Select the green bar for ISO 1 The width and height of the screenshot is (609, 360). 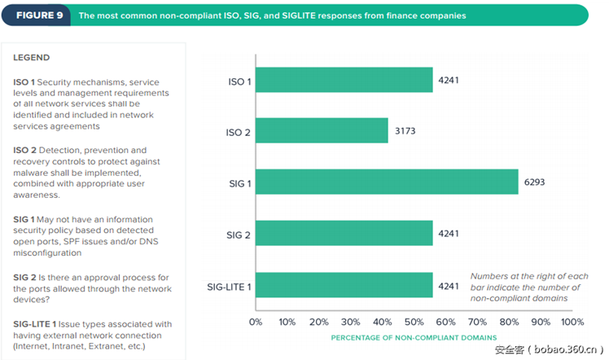(x=344, y=80)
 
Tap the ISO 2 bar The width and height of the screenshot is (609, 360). (x=322, y=130)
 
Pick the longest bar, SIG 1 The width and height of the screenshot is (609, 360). (x=387, y=182)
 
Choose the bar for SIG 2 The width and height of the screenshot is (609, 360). (x=344, y=233)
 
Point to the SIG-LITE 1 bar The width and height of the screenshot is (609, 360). (x=344, y=285)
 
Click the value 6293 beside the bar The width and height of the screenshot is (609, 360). (x=534, y=182)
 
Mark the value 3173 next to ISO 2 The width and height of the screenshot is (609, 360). (x=404, y=130)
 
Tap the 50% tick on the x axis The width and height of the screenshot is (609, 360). (x=414, y=321)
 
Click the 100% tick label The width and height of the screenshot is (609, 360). (x=572, y=321)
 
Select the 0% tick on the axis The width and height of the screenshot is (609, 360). (x=255, y=321)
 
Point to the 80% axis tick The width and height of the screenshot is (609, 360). (x=508, y=321)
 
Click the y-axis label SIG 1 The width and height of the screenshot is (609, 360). (x=238, y=183)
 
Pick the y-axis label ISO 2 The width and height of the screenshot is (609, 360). (x=238, y=132)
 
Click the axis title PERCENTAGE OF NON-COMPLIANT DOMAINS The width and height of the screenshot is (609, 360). (x=413, y=336)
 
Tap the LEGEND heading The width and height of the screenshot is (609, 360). (x=32, y=58)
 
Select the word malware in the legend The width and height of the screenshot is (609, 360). (x=33, y=173)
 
